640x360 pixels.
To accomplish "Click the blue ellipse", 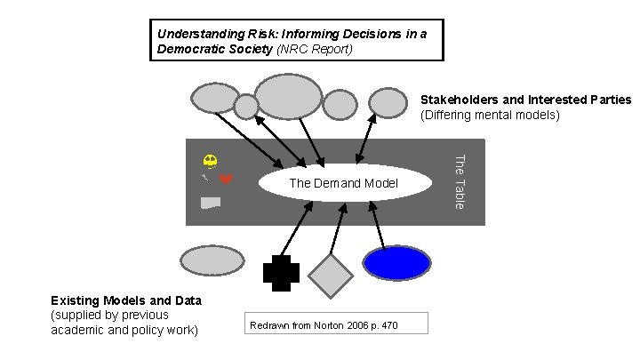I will click(396, 262).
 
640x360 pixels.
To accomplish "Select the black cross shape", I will click(281, 273).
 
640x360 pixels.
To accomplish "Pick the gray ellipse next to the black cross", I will click(212, 260).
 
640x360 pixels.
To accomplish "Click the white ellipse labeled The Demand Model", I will click(343, 183).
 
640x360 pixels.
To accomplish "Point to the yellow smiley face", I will click(210, 161).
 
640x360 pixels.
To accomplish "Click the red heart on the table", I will click(227, 180).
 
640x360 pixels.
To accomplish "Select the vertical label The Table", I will click(460, 182).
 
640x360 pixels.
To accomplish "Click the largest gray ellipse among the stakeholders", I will click(288, 96).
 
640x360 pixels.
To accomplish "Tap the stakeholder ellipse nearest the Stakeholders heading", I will click(388, 103).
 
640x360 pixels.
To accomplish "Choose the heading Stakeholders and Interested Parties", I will click(525, 100).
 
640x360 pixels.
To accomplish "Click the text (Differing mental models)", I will click(490, 115).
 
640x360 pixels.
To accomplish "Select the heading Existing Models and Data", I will click(126, 300).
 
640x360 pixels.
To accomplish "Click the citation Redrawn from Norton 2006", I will click(324, 326).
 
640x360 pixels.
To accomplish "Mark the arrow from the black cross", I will click(297, 228).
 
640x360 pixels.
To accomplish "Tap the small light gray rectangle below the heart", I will click(211, 203).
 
